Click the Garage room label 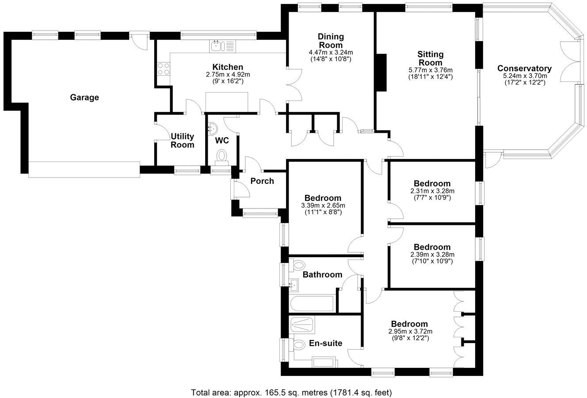pyautogui.click(x=84, y=97)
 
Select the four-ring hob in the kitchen pyautogui.click(x=164, y=70)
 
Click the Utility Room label pyautogui.click(x=182, y=140)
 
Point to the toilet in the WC pyautogui.click(x=221, y=156)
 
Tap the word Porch pyautogui.click(x=262, y=181)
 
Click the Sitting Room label pyautogui.click(x=430, y=58)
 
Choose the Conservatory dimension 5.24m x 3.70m pyautogui.click(x=525, y=76)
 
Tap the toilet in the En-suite pyautogui.click(x=299, y=344)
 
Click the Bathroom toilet pyautogui.click(x=298, y=264)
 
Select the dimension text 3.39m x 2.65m pyautogui.click(x=323, y=205)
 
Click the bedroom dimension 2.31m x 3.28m pyautogui.click(x=432, y=191)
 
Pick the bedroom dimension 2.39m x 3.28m pyautogui.click(x=432, y=254)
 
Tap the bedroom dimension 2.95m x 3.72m pyautogui.click(x=410, y=331)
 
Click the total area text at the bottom pyautogui.click(x=291, y=392)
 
